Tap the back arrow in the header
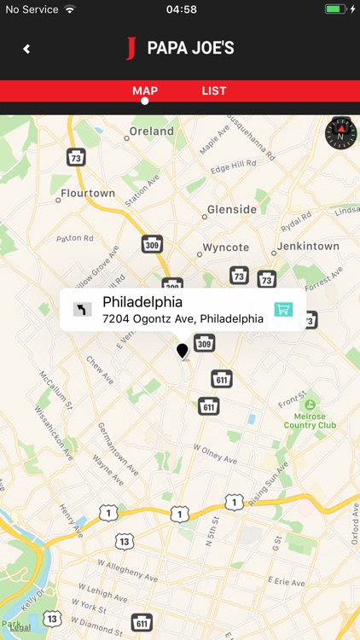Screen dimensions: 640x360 pos(26,49)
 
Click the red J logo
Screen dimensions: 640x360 pos(131,48)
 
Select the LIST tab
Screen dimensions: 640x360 pos(214,90)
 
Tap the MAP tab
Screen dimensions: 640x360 pos(145,90)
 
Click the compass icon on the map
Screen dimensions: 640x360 pos(341,133)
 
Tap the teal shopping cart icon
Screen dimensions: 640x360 pos(283,309)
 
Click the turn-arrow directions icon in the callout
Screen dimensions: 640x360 pos(82,309)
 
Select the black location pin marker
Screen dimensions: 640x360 pos(182,350)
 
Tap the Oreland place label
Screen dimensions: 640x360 pos(151,131)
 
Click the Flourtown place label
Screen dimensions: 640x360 pos(88,193)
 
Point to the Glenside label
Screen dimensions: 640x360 pos(231,209)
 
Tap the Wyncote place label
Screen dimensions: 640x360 pos(226,247)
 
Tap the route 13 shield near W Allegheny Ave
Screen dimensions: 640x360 pos(125,541)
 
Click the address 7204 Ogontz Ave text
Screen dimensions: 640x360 pos(183,318)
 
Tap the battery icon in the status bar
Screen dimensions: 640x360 pos(335,9)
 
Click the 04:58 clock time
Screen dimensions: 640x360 pos(181,9)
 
